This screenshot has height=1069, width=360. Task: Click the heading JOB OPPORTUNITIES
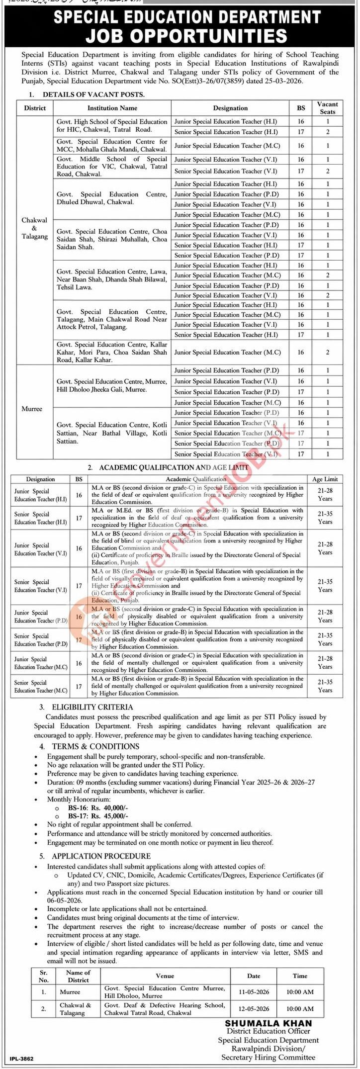(186, 36)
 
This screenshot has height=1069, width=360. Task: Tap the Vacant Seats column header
(327, 108)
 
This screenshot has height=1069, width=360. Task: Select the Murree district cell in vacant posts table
(32, 409)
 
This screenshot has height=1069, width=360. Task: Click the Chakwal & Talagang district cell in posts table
(35, 228)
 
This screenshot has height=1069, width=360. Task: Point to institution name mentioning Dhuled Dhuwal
(111, 198)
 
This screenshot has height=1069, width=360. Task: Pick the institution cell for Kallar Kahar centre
(111, 352)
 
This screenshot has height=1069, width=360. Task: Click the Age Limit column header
(325, 479)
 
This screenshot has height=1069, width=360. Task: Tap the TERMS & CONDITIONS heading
(95, 746)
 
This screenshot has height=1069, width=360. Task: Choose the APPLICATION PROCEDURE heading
(101, 856)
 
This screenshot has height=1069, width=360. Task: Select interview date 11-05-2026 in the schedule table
(254, 991)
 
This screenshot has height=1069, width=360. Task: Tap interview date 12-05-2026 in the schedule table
(254, 1008)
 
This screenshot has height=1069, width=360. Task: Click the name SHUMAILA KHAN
(269, 1023)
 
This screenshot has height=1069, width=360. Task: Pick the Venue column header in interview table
(165, 976)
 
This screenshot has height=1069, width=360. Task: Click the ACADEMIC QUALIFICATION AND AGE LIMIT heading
(174, 467)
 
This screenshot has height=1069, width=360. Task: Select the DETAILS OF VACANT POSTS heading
(93, 94)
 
